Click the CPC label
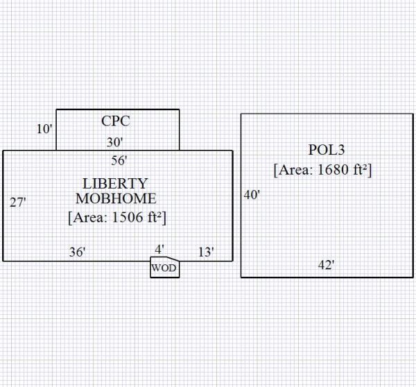coord(115,121)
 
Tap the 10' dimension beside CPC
coord(45,129)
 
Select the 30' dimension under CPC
coord(115,142)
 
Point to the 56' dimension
coord(119,161)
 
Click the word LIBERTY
coord(115,184)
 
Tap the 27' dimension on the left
coord(18,203)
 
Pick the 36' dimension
coord(77,252)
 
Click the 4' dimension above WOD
coord(159,248)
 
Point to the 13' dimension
coord(206,252)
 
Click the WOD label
coord(164,268)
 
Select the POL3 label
coord(326,150)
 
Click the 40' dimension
coord(252,195)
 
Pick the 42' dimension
coord(325,264)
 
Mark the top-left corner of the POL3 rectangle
coord(241,114)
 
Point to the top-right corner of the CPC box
coord(179,110)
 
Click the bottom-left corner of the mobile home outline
coord(3,261)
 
